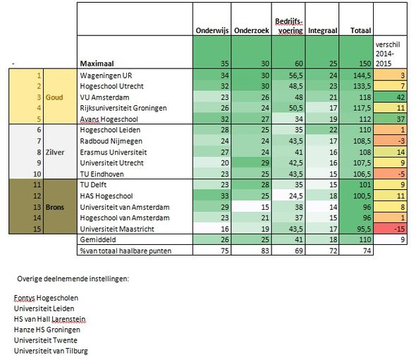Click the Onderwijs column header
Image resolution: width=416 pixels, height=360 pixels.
(x=212, y=30)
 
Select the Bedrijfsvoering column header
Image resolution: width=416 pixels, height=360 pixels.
(x=288, y=26)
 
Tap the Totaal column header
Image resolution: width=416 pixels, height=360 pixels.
(x=360, y=30)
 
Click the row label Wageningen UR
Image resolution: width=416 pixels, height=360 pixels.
(x=106, y=76)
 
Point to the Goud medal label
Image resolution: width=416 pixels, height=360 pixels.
(x=54, y=97)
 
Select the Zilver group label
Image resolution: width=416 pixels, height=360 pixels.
(x=55, y=152)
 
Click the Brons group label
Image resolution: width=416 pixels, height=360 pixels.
(x=55, y=207)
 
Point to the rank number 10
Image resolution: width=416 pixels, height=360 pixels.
(x=37, y=174)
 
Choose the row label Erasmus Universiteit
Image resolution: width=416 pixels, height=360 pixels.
(x=114, y=152)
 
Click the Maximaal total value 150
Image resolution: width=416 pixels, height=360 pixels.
(x=365, y=64)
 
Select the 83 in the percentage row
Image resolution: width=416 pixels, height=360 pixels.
(x=265, y=251)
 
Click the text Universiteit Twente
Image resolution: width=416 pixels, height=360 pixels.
(x=46, y=340)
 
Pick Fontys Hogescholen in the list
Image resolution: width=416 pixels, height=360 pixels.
(x=46, y=298)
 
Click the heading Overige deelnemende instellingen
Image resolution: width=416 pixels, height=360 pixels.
(x=73, y=279)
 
